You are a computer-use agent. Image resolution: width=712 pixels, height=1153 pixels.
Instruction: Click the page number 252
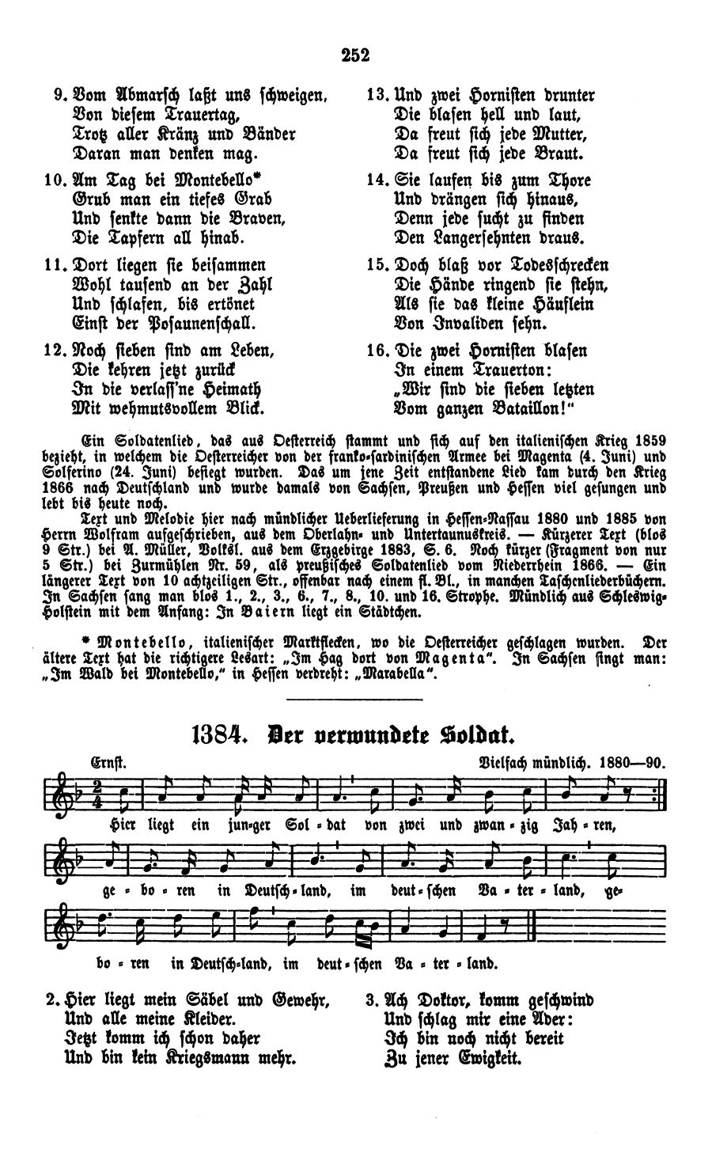click(356, 55)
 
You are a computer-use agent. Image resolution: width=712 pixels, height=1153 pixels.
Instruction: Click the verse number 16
click(376, 351)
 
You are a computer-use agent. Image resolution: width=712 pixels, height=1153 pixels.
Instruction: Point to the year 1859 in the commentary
click(650, 440)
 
